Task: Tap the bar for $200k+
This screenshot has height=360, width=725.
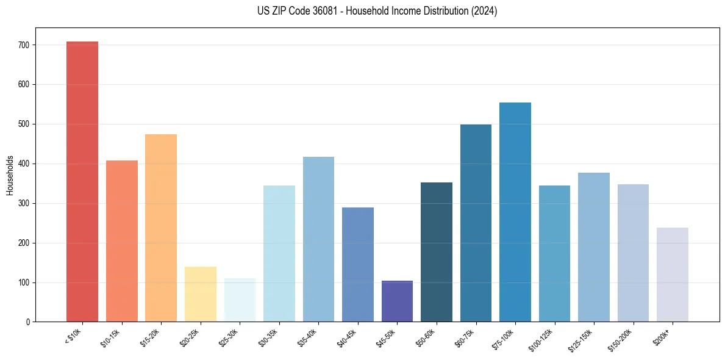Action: tap(673, 275)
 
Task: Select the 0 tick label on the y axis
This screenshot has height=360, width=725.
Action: tap(27, 322)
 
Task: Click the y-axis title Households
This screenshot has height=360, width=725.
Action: tap(10, 175)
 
